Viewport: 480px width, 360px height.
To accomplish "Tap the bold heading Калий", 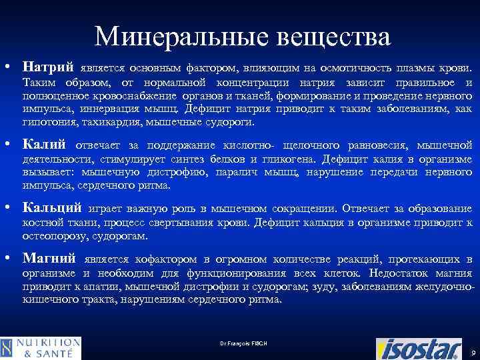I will click(45, 144).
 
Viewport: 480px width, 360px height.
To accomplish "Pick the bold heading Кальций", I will click(52, 208).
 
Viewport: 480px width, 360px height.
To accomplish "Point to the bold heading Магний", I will click(49, 258).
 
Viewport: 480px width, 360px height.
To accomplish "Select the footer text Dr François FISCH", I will click(243, 343).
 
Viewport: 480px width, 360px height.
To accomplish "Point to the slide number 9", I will click(472, 351).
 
